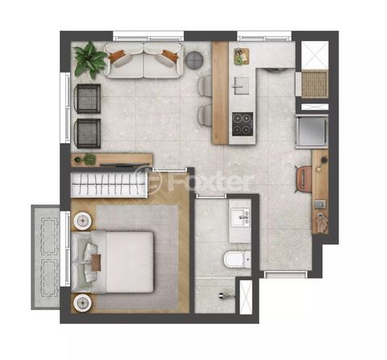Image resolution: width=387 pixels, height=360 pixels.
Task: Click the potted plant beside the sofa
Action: click(x=89, y=60)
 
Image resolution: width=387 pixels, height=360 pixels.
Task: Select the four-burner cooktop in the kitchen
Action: click(x=243, y=123)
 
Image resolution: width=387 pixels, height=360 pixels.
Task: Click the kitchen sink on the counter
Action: click(x=241, y=86)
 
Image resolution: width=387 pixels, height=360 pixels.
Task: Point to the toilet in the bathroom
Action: click(x=237, y=260)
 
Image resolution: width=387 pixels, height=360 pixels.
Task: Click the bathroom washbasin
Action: click(x=241, y=217)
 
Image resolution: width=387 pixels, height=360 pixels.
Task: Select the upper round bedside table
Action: click(x=82, y=221)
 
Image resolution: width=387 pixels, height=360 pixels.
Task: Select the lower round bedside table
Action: click(x=82, y=303)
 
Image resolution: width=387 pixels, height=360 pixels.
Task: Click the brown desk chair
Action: click(x=304, y=179)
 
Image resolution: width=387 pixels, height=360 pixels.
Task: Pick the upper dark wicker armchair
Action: click(x=88, y=98)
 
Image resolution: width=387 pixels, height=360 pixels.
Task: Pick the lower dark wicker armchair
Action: click(x=88, y=133)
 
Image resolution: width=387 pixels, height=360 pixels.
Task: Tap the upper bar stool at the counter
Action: click(x=206, y=86)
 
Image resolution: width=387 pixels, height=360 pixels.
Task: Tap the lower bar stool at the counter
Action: click(x=206, y=115)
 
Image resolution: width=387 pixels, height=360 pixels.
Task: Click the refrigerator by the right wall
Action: click(x=312, y=132)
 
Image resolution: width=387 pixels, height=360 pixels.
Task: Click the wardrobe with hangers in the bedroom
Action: click(x=109, y=185)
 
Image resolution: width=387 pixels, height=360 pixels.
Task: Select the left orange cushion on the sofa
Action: click(x=117, y=56)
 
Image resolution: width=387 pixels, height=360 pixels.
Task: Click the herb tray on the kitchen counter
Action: click(x=241, y=57)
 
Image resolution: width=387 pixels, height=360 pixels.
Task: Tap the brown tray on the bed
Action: click(x=96, y=262)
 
